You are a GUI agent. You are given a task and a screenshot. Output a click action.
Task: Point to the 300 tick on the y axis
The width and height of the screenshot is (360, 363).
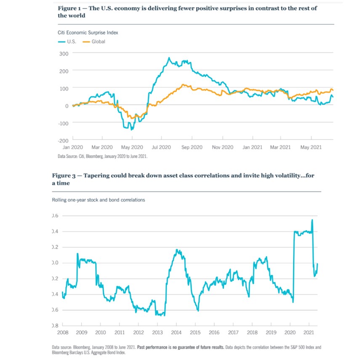[64, 53]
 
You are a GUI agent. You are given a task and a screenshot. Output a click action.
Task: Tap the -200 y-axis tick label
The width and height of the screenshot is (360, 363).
[62, 140]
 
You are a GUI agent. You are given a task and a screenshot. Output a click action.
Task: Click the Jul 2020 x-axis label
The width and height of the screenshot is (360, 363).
[161, 147]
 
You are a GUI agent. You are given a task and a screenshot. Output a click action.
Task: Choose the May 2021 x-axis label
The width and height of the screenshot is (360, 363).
[311, 147]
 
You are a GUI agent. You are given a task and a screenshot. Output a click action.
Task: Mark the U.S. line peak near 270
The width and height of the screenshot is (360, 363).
[169, 58]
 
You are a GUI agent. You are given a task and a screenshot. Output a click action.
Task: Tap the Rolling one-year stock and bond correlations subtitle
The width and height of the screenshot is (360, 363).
[98, 200]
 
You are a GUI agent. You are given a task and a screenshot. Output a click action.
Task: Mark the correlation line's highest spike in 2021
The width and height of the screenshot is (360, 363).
[312, 220]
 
